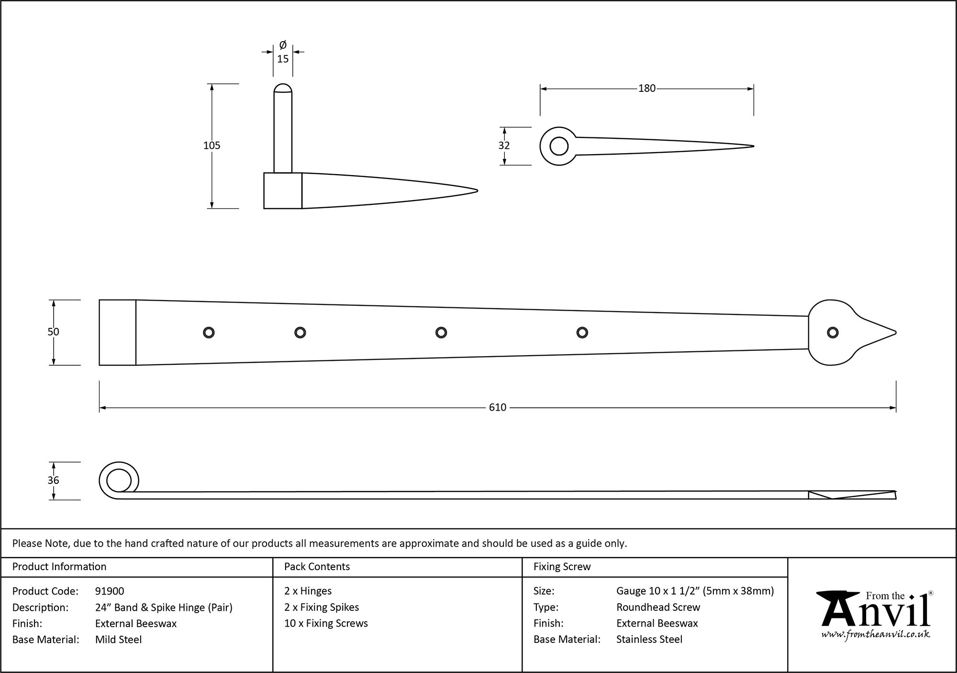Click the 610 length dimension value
tap(497, 407)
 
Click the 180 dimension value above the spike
tap(646, 89)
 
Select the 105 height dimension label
tap(211, 146)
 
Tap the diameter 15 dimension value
tap(283, 59)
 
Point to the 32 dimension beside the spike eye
tap(504, 146)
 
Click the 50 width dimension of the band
tap(53, 332)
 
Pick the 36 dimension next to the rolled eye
tap(53, 480)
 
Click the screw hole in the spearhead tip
tap(833, 333)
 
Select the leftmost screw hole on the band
tap(209, 333)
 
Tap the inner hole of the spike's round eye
tap(559, 146)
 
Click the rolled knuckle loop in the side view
tap(118, 480)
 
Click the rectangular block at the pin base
tap(282, 191)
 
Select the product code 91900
tap(110, 591)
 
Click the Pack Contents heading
tap(317, 567)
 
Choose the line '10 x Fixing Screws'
tap(326, 623)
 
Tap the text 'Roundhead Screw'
tap(658, 607)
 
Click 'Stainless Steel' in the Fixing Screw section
tap(649, 639)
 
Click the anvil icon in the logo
tap(837, 608)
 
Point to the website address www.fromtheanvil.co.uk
tap(876, 634)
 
